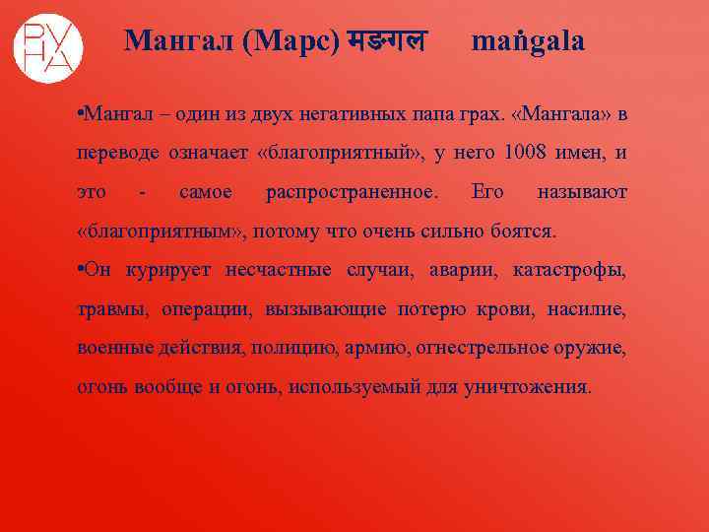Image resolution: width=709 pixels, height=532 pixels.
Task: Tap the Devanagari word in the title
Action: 389,41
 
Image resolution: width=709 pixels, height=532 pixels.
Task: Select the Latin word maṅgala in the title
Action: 528,41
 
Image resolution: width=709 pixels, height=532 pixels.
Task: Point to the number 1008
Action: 523,153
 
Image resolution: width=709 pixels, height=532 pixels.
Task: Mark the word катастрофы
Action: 569,269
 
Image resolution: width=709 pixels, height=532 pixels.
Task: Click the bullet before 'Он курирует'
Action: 81,269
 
